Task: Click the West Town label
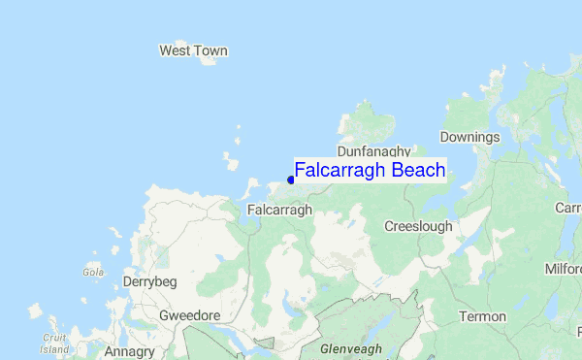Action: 193,50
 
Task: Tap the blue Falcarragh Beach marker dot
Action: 290,180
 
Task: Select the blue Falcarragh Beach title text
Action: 370,171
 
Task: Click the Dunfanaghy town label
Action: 373,151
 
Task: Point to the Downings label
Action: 469,137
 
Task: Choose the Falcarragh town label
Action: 279,210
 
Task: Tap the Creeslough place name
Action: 418,226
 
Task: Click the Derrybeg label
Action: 149,281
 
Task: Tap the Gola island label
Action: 93,273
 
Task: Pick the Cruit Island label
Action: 54,344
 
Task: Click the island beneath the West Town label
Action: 208,62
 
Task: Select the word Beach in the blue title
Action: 418,171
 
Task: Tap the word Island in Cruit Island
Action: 54,349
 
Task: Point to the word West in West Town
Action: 177,50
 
